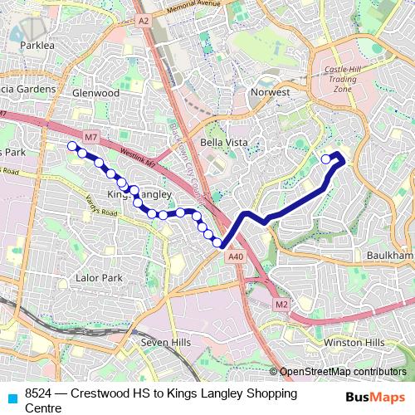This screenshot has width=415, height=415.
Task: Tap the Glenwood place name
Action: point(95,93)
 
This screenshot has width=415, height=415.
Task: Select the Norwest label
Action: point(271,92)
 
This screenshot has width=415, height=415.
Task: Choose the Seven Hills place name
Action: point(166,342)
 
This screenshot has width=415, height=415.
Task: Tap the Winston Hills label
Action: point(354,342)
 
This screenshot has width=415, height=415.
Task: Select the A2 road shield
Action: point(144,20)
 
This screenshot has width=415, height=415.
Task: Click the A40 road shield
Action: point(236,257)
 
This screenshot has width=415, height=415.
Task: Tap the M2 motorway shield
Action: point(281,305)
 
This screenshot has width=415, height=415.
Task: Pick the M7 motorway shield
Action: point(90,135)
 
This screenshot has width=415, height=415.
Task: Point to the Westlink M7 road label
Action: point(133,156)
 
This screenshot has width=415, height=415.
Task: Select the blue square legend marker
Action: point(11,397)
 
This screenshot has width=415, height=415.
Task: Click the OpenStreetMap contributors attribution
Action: point(342,372)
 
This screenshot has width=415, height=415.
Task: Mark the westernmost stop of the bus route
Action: point(71,146)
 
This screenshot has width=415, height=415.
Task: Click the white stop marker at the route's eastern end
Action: point(325,159)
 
